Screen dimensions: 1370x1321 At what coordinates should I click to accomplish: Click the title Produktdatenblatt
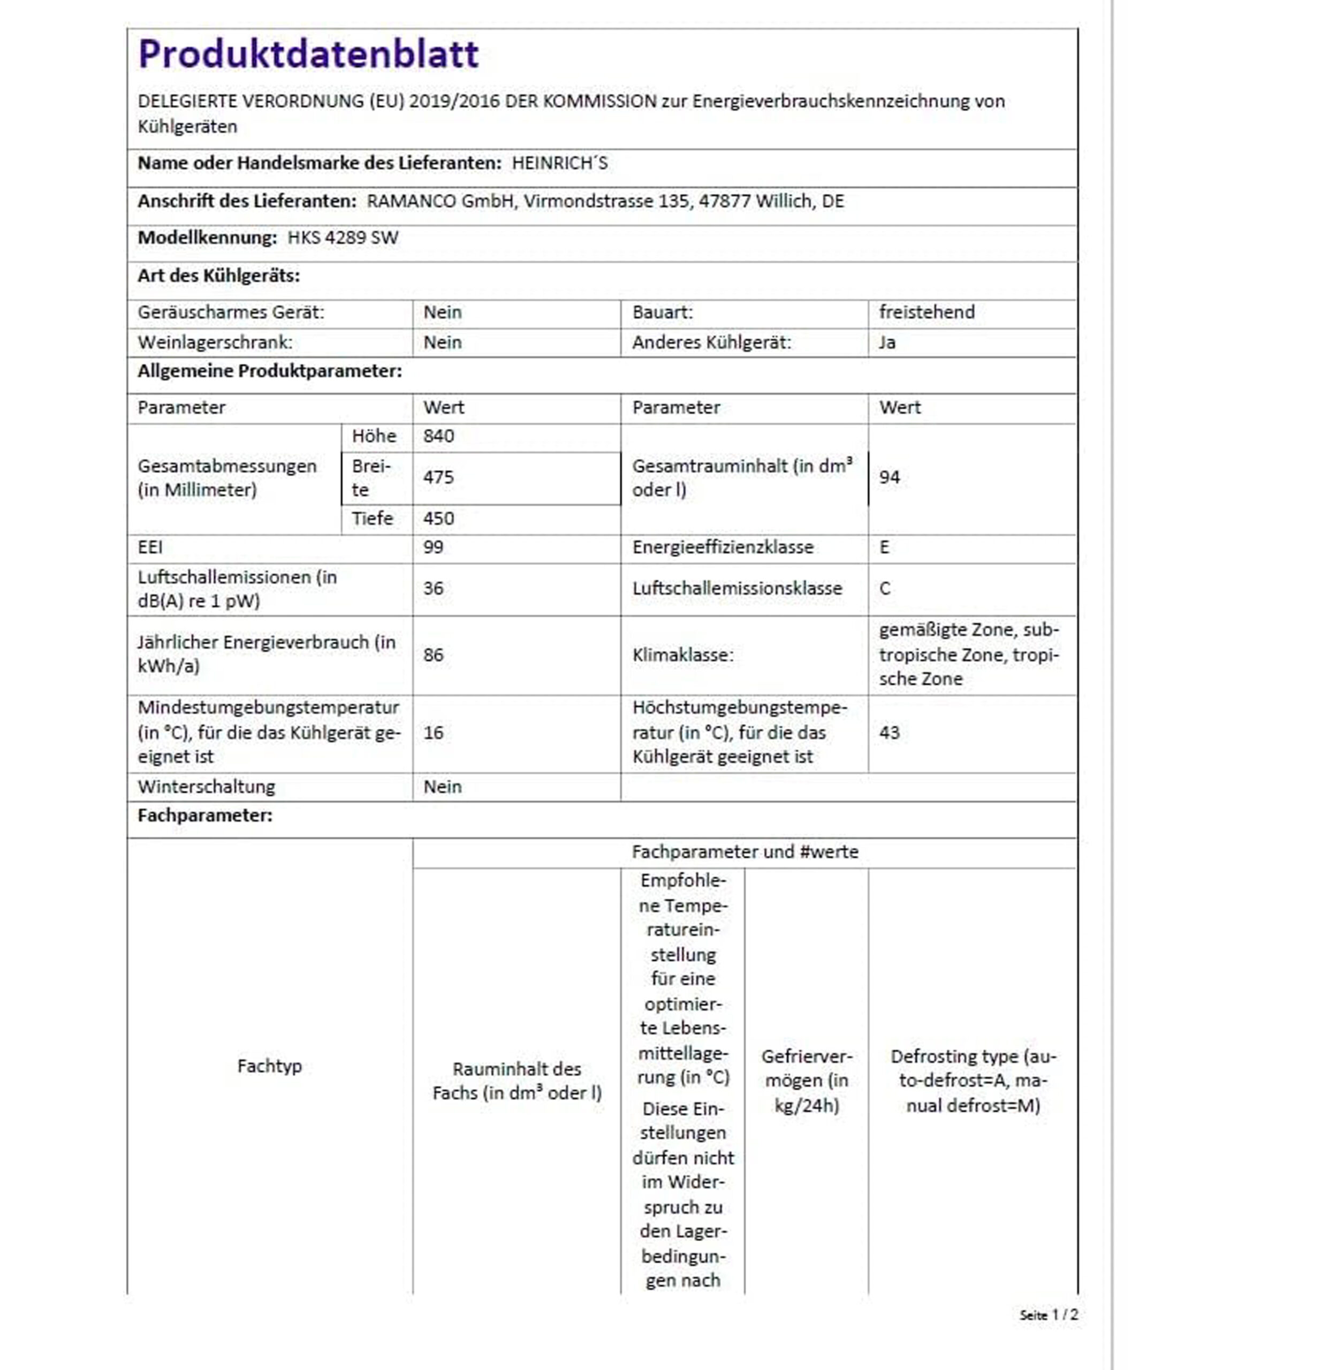(308, 54)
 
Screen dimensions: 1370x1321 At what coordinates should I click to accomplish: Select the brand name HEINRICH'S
(559, 164)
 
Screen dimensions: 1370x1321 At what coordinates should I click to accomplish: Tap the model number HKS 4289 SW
(343, 238)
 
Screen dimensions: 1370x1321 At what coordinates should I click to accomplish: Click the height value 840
(438, 436)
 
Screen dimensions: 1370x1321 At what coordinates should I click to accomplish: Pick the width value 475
(438, 477)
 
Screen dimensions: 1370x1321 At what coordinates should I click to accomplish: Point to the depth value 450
(438, 519)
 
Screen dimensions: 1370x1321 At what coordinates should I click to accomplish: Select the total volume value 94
(889, 477)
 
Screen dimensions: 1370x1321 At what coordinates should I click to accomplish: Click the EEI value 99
(434, 547)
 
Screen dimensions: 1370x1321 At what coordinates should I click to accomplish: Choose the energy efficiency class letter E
(884, 547)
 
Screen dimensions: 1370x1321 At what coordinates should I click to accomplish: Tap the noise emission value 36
(434, 589)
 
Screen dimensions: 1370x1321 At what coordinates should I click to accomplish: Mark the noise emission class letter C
(885, 589)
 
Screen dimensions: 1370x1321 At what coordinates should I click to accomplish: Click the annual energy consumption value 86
(434, 655)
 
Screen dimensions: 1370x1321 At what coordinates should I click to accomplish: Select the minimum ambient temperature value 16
(434, 733)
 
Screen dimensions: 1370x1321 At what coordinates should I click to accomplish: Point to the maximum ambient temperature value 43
(889, 733)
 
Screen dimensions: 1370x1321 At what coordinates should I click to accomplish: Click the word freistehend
(926, 313)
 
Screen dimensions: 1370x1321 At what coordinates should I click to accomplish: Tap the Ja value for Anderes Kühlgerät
(887, 342)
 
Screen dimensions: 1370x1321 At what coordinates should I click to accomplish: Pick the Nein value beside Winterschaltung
(443, 787)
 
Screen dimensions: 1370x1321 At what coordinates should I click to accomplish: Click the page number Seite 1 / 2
(1049, 1315)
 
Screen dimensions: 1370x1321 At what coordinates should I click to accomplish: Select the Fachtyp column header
(269, 1066)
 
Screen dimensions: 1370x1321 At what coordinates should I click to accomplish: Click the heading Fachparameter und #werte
(745, 852)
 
